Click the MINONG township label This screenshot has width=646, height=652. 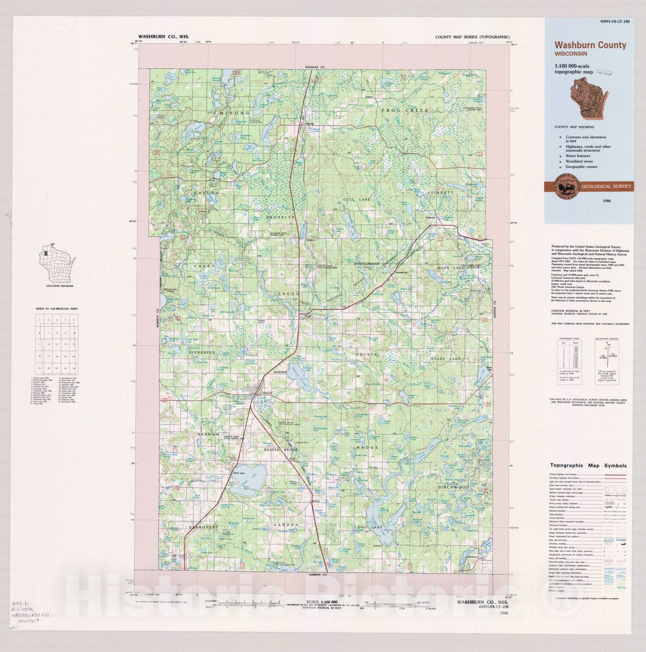point(234,112)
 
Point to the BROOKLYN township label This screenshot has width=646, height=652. point(280,218)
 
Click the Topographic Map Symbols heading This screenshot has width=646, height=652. point(588,465)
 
